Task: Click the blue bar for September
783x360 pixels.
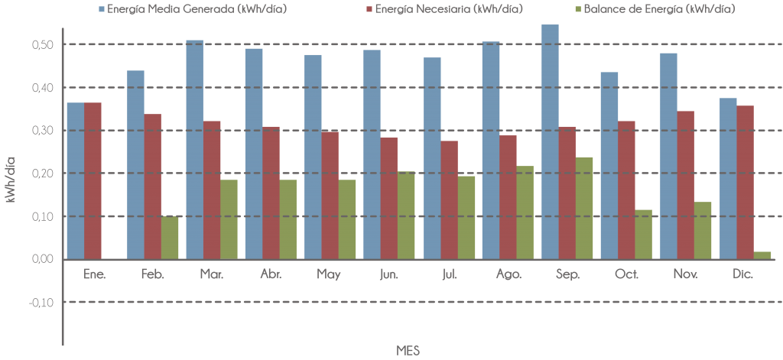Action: click(550, 141)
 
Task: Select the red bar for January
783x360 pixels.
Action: click(93, 180)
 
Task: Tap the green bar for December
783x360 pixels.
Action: click(762, 255)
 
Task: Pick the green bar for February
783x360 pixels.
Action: click(170, 238)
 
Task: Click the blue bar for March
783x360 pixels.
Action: click(194, 149)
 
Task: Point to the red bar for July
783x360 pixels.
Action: click(449, 199)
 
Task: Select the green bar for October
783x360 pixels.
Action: click(643, 234)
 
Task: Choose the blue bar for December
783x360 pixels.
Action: click(728, 178)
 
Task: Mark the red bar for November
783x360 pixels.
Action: click(685, 185)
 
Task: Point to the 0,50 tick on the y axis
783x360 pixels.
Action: click(42, 44)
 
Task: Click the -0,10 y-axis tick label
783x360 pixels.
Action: click(41, 302)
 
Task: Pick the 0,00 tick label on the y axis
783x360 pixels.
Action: click(42, 259)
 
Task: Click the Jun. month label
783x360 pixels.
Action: click(389, 274)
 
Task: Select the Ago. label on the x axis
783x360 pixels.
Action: click(508, 274)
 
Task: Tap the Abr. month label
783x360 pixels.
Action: click(271, 274)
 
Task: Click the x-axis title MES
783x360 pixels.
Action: click(408, 349)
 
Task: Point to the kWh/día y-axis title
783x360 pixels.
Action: click(11, 179)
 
